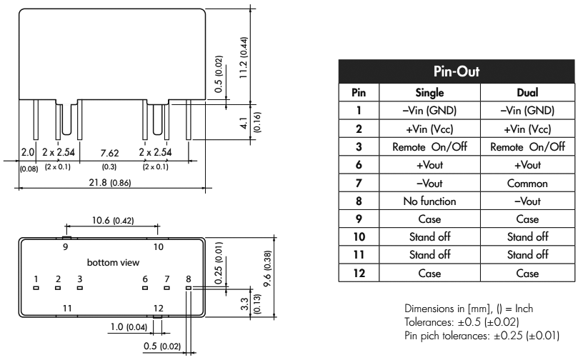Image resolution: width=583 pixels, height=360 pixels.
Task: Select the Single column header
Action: [x=431, y=93]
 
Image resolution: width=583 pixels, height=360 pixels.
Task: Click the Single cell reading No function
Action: [x=431, y=201]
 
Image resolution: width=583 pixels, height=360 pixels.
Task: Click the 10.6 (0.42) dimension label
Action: [x=113, y=220]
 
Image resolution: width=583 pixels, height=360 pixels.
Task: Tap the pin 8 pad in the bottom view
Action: [x=189, y=289]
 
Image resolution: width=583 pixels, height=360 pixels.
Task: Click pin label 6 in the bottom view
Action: [x=145, y=279]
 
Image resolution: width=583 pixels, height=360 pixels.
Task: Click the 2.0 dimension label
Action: [x=28, y=154]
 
